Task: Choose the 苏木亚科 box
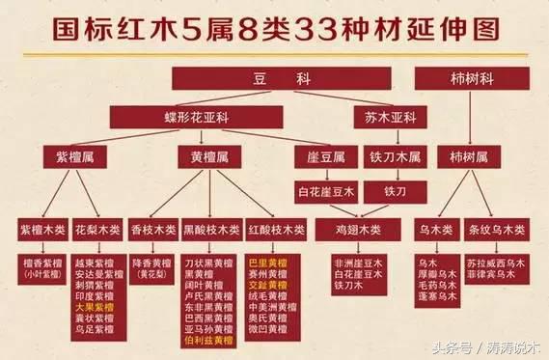[x=390, y=117]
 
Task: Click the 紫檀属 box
[x=74, y=154]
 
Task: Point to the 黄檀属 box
[x=207, y=154]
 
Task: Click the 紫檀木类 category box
[x=43, y=230]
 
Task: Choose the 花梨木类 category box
[x=97, y=230]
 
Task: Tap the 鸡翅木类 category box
[x=359, y=230]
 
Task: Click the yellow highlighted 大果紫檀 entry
[x=95, y=306]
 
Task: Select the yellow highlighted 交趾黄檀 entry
[x=267, y=285]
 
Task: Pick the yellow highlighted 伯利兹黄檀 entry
[x=207, y=339]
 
